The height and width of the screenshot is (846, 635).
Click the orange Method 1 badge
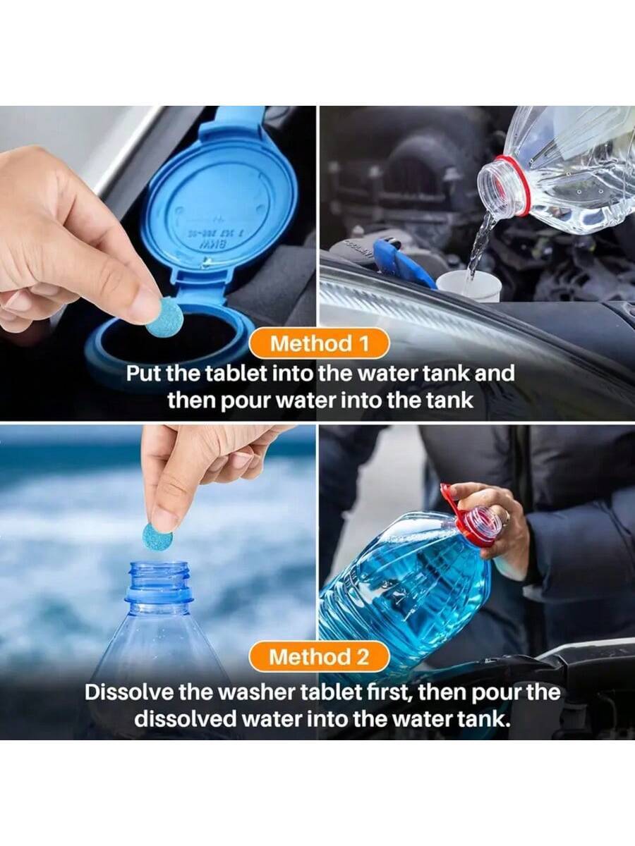click(x=318, y=343)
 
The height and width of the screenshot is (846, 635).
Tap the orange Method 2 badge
click(x=318, y=656)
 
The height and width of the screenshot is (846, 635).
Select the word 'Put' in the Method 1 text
click(x=143, y=374)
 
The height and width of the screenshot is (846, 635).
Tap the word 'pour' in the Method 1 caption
click(x=246, y=401)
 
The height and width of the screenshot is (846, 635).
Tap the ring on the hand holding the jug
click(x=508, y=515)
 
